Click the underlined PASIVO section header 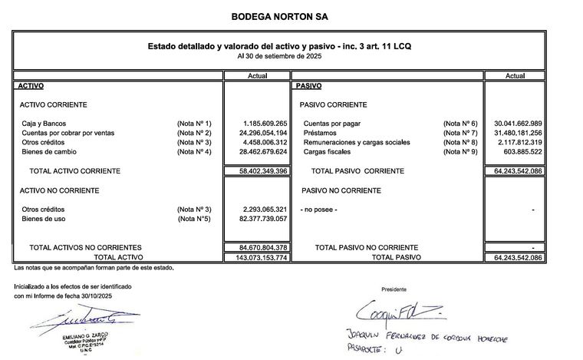point(308,86)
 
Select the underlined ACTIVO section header point(31,86)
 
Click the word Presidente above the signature point(394,290)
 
